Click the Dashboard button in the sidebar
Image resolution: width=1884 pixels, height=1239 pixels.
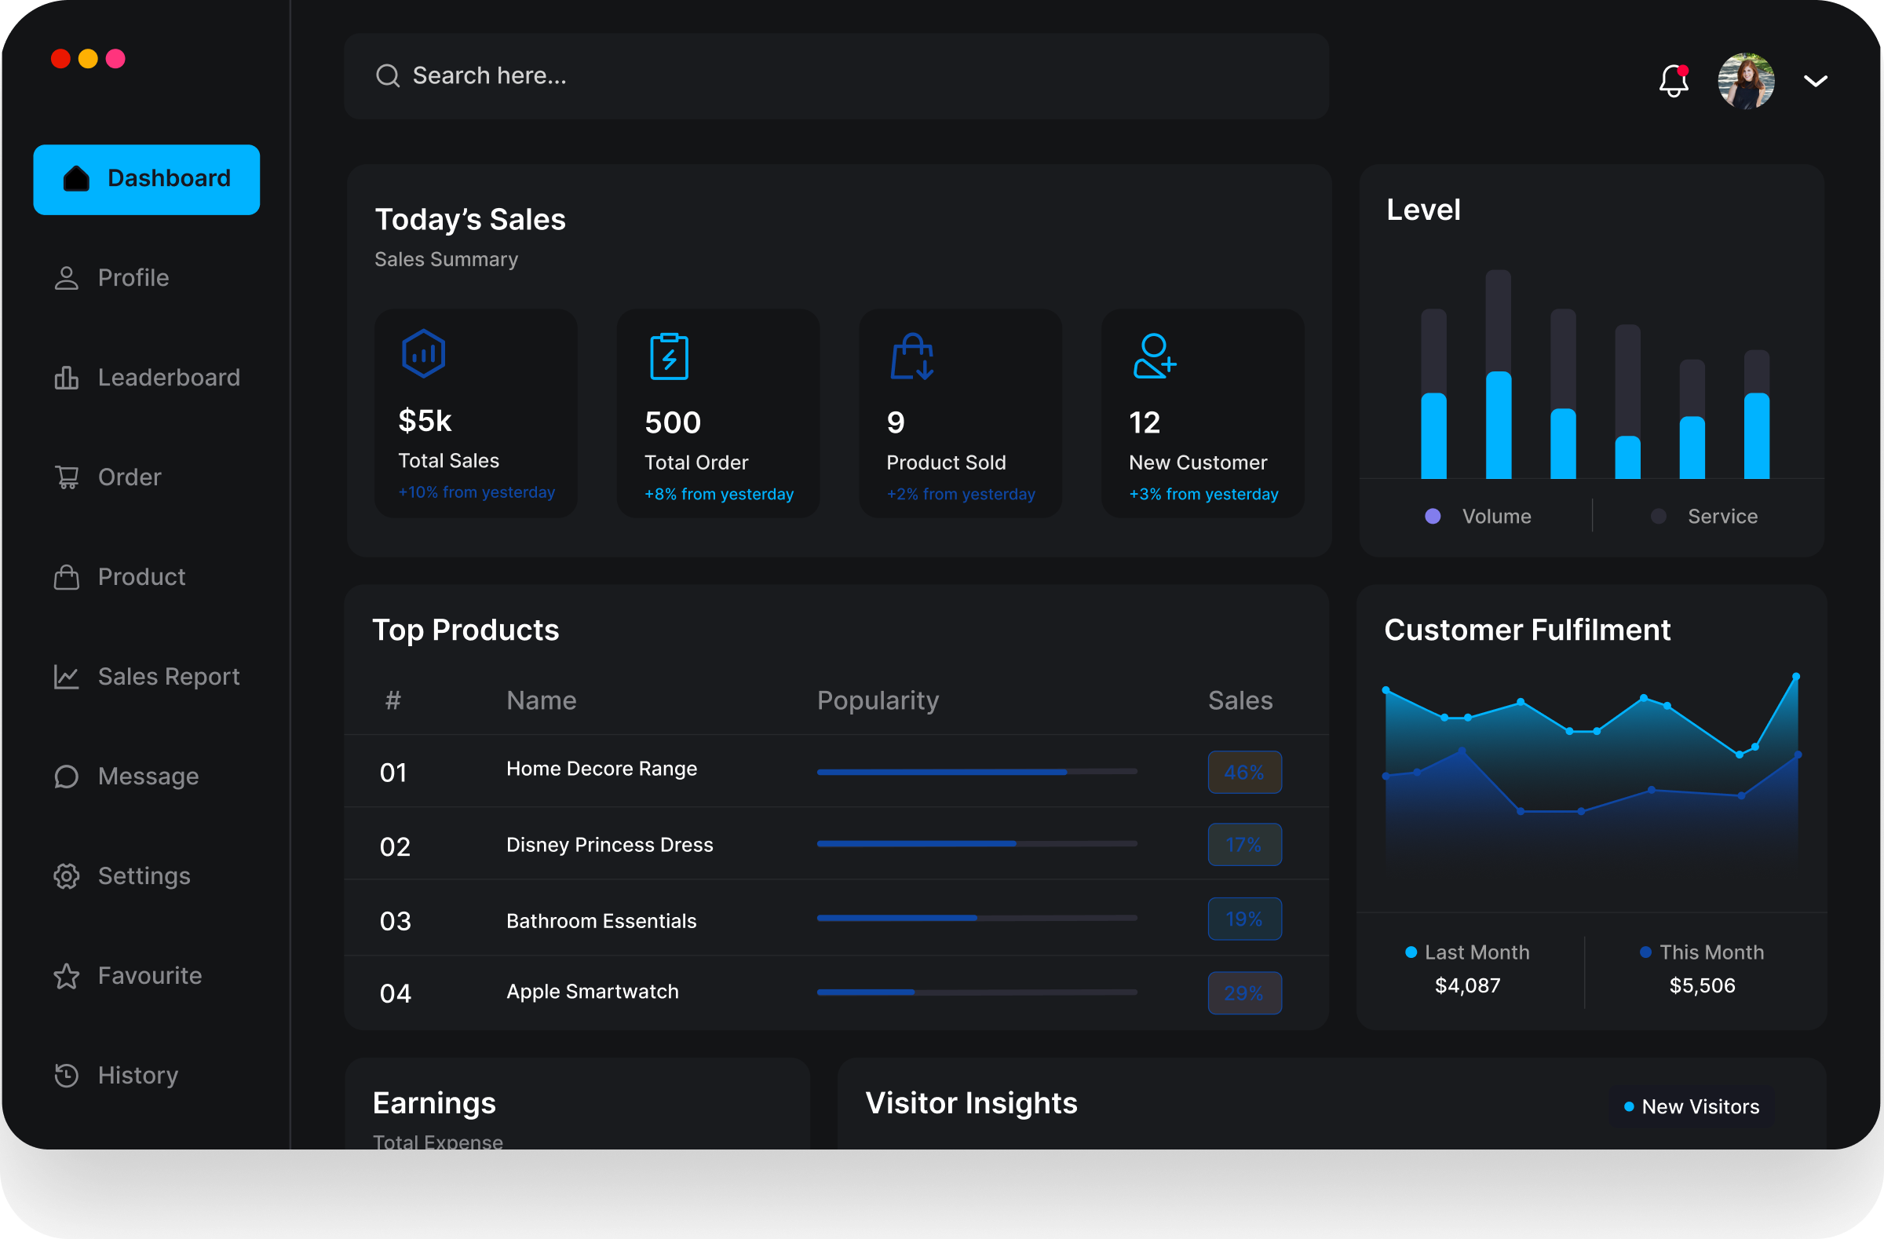(x=147, y=179)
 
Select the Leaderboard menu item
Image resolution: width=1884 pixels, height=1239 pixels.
(x=168, y=378)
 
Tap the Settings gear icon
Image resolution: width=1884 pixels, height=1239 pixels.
(x=67, y=875)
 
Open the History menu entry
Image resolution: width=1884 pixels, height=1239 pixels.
(x=137, y=1075)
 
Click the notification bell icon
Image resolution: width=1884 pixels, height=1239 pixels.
(x=1674, y=81)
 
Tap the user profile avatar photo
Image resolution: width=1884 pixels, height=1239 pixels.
(x=1746, y=81)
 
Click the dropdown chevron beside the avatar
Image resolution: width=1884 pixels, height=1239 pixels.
(x=1815, y=81)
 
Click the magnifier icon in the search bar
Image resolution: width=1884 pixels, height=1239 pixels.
(x=387, y=76)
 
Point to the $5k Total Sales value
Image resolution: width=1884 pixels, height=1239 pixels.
(x=425, y=421)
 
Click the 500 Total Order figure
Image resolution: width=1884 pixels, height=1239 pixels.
(x=673, y=422)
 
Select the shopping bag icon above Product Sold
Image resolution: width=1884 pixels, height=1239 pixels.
(x=912, y=356)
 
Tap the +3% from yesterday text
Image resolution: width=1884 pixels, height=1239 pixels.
(x=1203, y=494)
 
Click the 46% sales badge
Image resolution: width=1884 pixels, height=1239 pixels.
(x=1243, y=772)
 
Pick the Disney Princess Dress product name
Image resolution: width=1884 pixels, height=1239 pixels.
(x=609, y=845)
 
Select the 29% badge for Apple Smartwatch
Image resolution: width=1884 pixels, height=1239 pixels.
(x=1243, y=992)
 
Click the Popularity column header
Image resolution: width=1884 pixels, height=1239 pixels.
(x=877, y=700)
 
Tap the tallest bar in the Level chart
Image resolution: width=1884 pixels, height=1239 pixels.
(x=1498, y=376)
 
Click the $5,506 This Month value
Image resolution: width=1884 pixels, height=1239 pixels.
(x=1702, y=985)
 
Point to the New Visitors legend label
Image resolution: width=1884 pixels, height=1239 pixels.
(x=1700, y=1107)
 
